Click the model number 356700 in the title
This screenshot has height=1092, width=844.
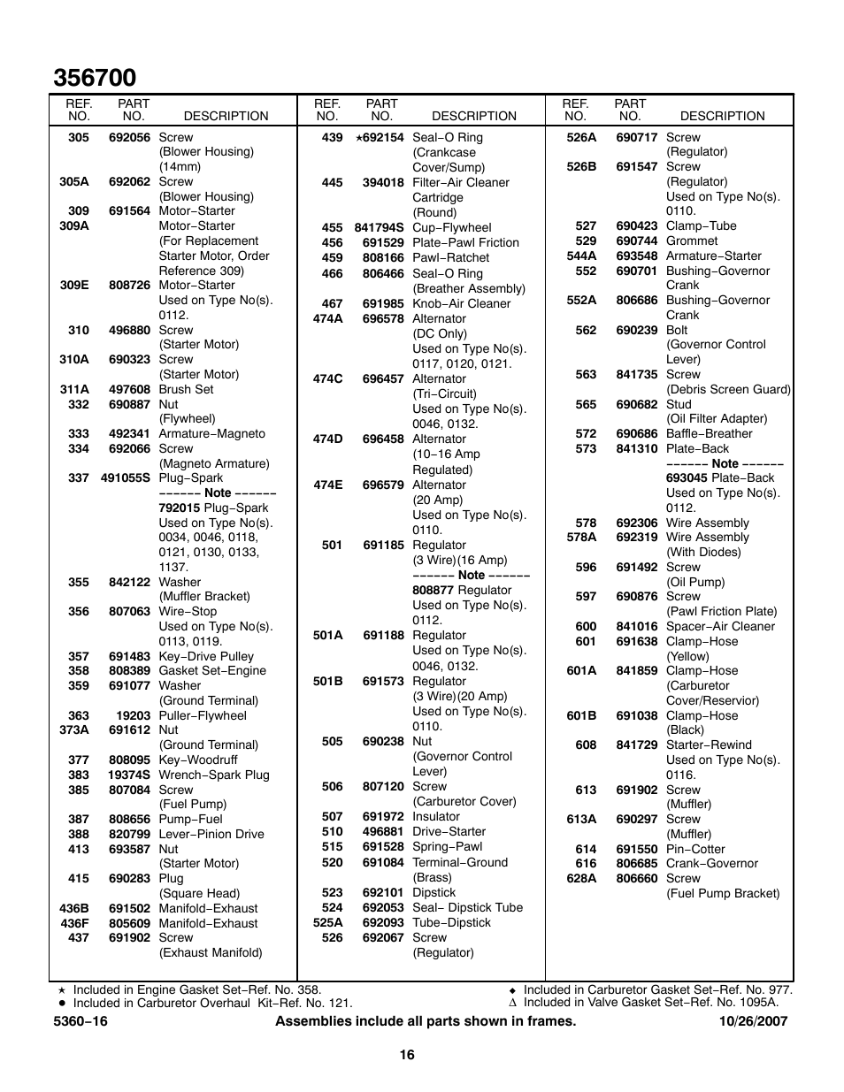95,78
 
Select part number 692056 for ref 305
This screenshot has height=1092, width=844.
129,138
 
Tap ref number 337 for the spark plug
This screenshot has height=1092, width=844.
78,478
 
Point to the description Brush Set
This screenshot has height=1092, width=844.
186,390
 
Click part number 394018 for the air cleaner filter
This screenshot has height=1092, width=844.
383,183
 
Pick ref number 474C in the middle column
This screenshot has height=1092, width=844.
327,379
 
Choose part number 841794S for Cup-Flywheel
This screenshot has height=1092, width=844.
379,228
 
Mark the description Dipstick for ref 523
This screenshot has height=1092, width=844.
434,893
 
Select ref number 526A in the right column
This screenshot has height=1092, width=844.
581,138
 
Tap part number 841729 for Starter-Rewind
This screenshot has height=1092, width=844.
637,745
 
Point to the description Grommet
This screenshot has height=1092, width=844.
692,241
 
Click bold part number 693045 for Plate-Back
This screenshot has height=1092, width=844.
687,478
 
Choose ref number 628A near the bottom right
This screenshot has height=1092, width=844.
581,879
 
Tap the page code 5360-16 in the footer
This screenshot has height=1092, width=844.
81,1021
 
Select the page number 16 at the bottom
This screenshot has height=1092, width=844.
406,1054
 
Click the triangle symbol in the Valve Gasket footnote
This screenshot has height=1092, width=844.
512,1003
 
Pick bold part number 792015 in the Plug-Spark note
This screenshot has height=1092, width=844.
179,508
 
